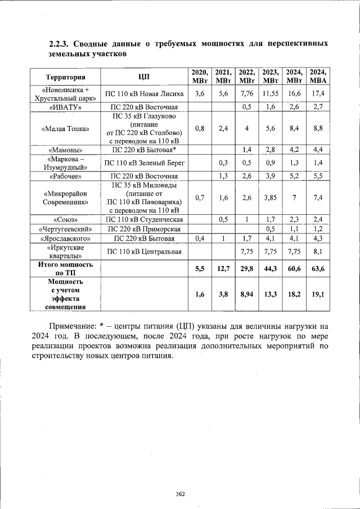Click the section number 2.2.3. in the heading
[x=60, y=43]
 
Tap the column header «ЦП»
[x=144, y=77]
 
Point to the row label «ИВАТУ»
[x=66, y=107]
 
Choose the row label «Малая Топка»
[x=66, y=129]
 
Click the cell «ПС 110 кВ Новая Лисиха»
[x=144, y=94]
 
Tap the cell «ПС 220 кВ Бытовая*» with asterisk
[x=144, y=150]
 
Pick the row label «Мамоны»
[x=66, y=150]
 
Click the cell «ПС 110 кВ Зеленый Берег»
[x=144, y=163]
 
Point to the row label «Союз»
[x=66, y=219]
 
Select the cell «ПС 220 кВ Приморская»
[x=144, y=229]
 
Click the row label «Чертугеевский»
[x=66, y=229]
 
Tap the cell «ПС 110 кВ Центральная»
[x=144, y=251]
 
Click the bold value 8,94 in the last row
[x=247, y=294]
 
